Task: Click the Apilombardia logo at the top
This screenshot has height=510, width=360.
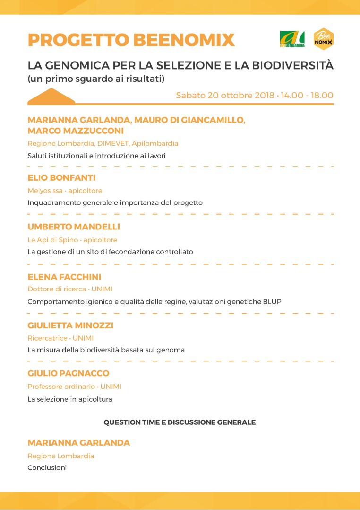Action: coord(292,39)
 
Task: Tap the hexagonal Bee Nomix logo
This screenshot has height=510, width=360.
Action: coord(324,39)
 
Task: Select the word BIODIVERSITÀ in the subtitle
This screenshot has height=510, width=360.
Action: coord(294,65)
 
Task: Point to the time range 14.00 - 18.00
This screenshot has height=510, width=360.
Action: coord(307,95)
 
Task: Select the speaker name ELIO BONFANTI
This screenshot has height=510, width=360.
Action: coord(61,178)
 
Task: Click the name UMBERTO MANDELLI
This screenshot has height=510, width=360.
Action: coord(74,227)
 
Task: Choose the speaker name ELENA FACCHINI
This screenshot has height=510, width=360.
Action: coord(64,277)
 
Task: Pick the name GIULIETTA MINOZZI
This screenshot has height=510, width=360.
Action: coord(70,325)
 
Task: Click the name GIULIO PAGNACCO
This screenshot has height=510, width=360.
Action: coord(69,373)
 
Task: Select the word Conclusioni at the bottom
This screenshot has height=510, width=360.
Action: coord(47,468)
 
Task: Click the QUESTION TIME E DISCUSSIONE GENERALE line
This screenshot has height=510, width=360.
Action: coord(180,422)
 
